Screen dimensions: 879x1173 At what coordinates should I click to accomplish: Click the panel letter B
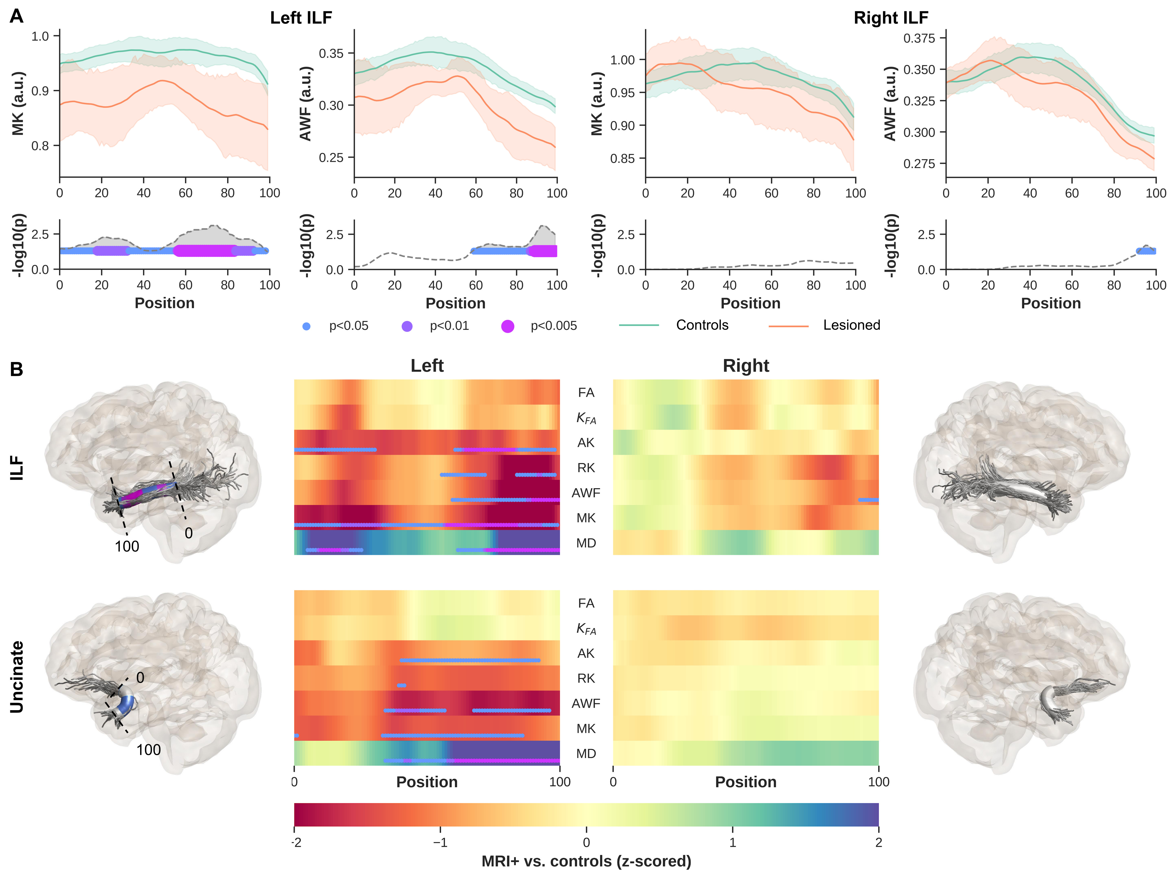pos(16,370)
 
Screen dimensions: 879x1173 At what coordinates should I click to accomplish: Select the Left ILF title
pos(301,18)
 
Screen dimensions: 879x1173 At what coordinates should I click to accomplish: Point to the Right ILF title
pos(891,18)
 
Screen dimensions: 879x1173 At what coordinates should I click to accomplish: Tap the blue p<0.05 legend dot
pos(306,326)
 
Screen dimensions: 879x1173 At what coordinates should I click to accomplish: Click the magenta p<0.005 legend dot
pos(507,326)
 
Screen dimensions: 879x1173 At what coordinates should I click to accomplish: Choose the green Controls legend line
pos(639,325)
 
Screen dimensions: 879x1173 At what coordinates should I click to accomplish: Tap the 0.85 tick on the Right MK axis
pos(622,158)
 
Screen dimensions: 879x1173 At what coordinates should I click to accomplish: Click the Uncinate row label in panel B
pos(17,677)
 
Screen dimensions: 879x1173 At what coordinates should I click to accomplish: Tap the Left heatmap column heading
pos(427,366)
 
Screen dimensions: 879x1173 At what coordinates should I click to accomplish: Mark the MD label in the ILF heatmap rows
pos(586,543)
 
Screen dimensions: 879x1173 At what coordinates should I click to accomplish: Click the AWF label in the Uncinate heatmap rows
pos(586,704)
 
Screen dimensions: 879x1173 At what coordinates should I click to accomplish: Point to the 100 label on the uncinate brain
pos(148,750)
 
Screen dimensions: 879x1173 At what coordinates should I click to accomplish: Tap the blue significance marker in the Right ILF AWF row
pos(869,500)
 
